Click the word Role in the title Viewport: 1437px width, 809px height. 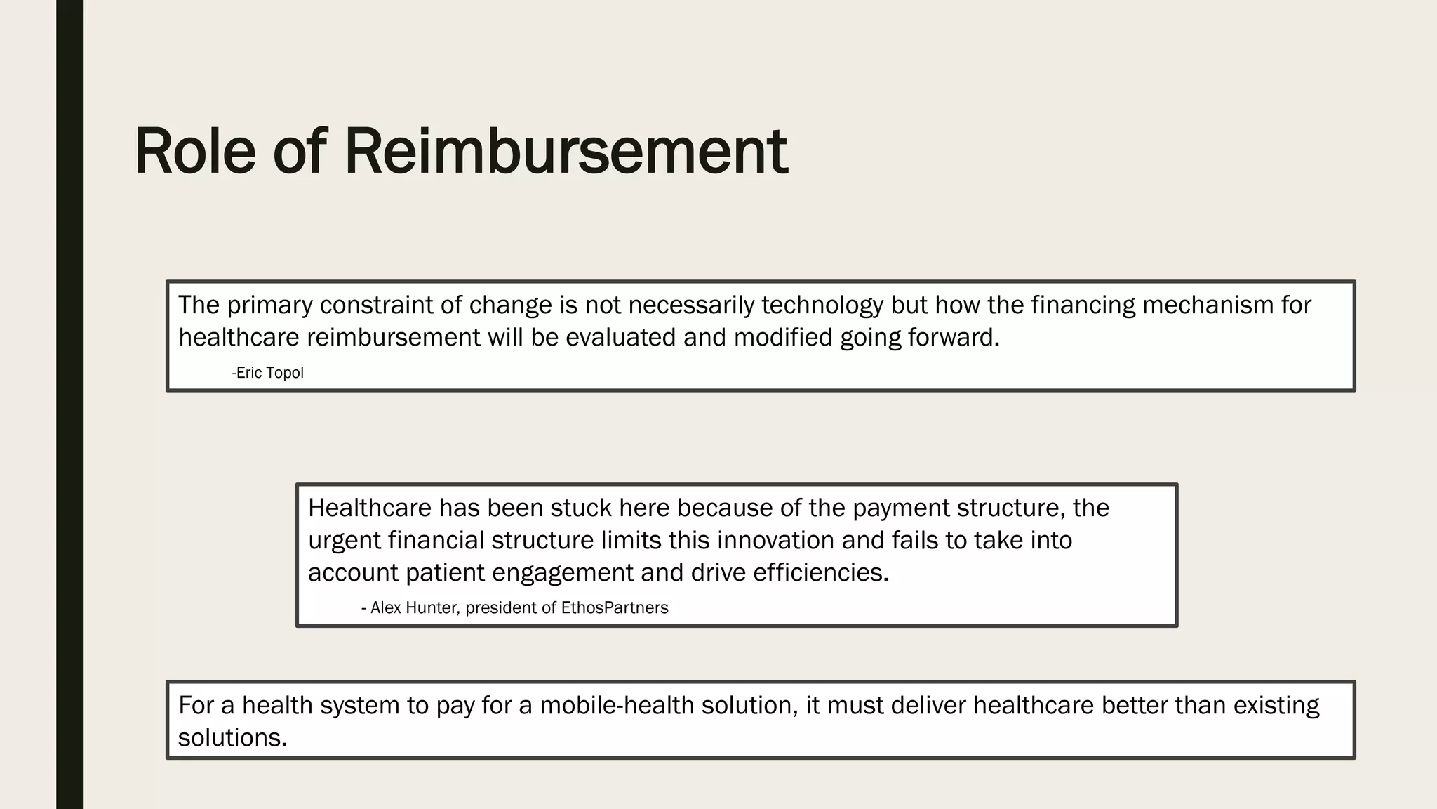pos(195,151)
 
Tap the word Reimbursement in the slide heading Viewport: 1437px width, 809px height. pos(566,151)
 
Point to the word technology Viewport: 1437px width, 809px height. pos(822,305)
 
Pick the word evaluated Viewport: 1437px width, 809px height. pos(620,338)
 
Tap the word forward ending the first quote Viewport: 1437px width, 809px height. pos(953,338)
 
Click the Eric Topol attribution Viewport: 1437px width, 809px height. pos(268,373)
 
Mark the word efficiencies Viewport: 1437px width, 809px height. pos(820,572)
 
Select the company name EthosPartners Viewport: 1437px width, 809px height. pos(615,608)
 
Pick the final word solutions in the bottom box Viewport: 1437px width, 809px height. pos(232,738)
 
